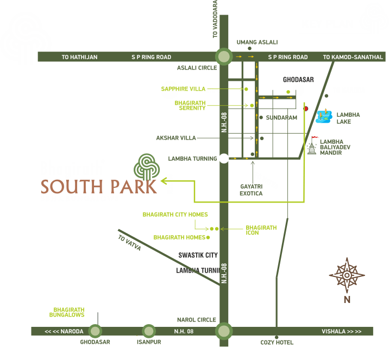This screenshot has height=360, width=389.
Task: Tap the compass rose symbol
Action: pyautogui.click(x=347, y=275)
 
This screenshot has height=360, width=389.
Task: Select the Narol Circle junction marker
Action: pyautogui.click(x=223, y=331)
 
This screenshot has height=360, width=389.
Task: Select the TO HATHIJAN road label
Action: pyautogui.click(x=79, y=57)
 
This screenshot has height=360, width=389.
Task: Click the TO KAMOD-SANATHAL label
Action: pyautogui.click(x=353, y=57)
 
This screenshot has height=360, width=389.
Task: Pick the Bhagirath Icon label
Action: pyautogui.click(x=261, y=230)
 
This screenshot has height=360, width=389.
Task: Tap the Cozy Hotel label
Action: pyautogui.click(x=277, y=343)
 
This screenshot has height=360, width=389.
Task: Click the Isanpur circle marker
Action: pyautogui.click(x=148, y=331)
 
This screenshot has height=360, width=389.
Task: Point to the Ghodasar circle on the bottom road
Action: pyautogui.click(x=95, y=331)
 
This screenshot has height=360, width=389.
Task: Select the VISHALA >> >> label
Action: pyautogui.click(x=341, y=331)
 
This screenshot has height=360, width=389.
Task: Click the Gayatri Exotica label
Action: pyautogui.click(x=251, y=190)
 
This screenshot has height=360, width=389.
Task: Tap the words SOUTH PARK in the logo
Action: pyautogui.click(x=99, y=186)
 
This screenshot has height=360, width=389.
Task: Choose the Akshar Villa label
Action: pyautogui.click(x=175, y=138)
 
